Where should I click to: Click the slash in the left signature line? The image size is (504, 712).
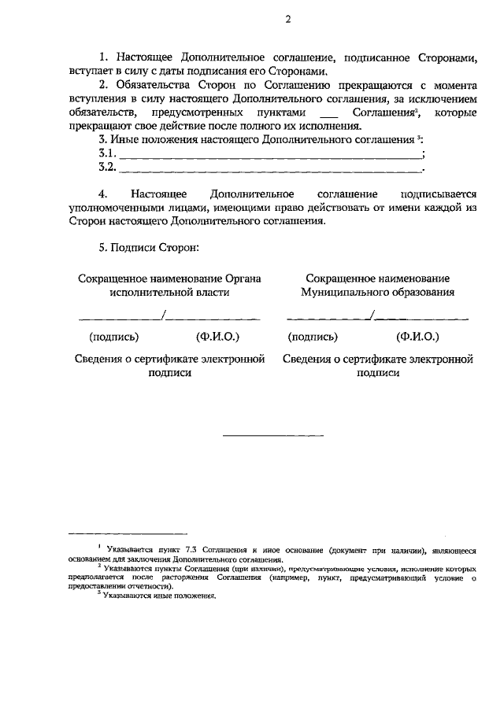tap(162, 315)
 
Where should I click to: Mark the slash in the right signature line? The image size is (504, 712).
tap(374, 315)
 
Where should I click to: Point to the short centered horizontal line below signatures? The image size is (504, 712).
tap(272, 435)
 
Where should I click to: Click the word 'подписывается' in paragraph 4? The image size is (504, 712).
tap(439, 194)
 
